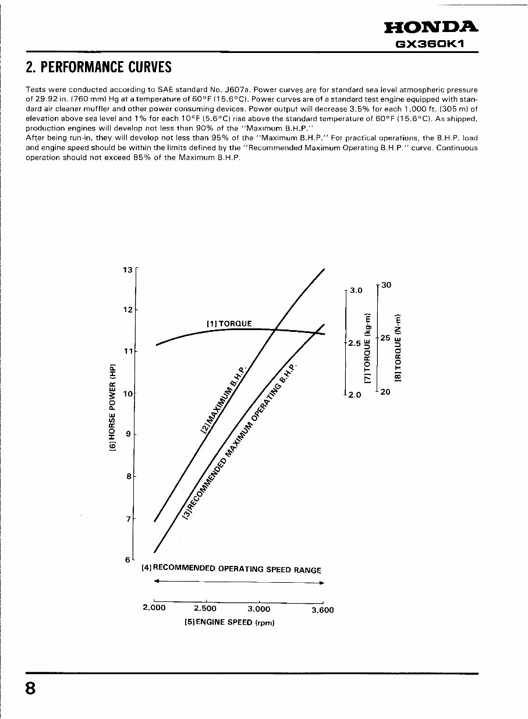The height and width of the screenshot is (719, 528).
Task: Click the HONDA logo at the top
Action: click(431, 27)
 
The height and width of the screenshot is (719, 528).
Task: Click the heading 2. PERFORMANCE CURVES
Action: click(99, 68)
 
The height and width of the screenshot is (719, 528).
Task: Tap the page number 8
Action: click(30, 688)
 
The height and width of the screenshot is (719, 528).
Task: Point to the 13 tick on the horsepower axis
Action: click(128, 270)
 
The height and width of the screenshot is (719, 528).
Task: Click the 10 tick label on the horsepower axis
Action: click(128, 393)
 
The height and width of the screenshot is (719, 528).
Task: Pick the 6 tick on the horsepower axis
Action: click(128, 559)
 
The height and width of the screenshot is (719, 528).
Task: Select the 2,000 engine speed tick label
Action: click(154, 608)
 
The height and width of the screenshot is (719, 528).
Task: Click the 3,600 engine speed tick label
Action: click(323, 610)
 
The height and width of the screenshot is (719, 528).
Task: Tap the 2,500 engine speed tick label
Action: click(205, 608)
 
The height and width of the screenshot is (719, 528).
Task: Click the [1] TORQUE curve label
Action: click(229, 324)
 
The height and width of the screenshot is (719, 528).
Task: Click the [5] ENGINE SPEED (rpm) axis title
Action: click(229, 622)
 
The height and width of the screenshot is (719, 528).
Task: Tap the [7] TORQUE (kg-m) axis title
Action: click(367, 348)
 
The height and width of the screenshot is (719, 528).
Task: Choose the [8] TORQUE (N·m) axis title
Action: click(398, 348)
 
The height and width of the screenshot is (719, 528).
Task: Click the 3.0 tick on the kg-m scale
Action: click(355, 290)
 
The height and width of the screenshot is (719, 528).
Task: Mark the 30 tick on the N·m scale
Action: click(387, 285)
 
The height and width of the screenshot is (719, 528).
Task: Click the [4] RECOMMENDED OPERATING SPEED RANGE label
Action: click(232, 569)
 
